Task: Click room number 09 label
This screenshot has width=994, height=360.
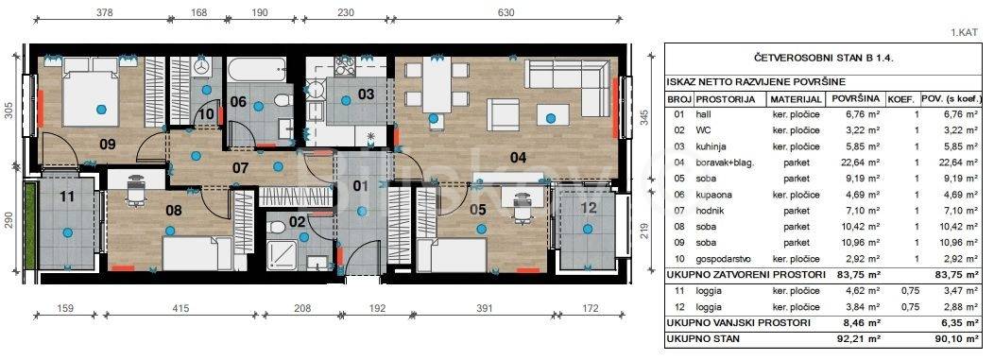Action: (107, 144)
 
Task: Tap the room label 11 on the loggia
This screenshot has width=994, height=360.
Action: (67, 197)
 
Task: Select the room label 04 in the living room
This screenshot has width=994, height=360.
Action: (518, 157)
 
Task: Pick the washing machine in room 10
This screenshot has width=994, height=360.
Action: (204, 66)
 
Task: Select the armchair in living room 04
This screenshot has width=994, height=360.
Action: (503, 115)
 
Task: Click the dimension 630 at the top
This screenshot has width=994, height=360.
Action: (506, 12)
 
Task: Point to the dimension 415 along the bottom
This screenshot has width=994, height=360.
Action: (180, 309)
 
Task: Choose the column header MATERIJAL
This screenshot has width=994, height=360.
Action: (797, 99)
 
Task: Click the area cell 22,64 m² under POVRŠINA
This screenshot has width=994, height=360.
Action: (855, 163)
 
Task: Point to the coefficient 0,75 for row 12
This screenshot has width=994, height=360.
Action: (910, 307)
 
